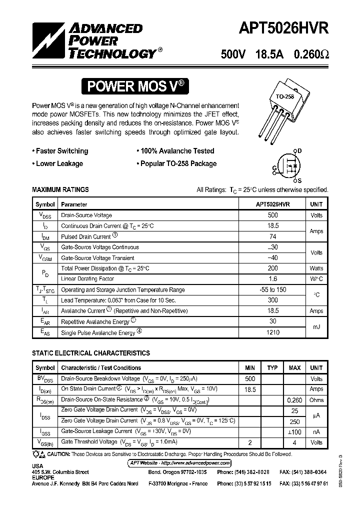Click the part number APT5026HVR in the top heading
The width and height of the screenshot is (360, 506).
pyautogui.click(x=277, y=27)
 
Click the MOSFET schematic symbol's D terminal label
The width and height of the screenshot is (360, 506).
pyautogui.click(x=299, y=150)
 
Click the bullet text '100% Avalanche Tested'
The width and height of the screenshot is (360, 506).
pyautogui.click(x=177, y=151)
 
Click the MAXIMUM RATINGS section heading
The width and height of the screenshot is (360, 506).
pyautogui.click(x=60, y=190)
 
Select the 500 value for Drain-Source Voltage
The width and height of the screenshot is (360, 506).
pyautogui.click(x=273, y=215)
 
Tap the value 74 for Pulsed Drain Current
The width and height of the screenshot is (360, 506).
pyautogui.click(x=273, y=236)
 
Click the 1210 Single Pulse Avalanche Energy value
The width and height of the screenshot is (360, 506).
pyautogui.click(x=273, y=332)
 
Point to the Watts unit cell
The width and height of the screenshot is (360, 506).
pyautogui.click(x=316, y=268)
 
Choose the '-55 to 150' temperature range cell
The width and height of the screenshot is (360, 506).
pyautogui.click(x=273, y=290)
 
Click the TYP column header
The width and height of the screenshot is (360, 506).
pyautogui.click(x=272, y=368)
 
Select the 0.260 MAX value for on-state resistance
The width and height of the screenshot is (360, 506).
pyautogui.click(x=294, y=400)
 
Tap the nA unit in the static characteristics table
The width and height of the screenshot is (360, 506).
pyautogui.click(x=316, y=431)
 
